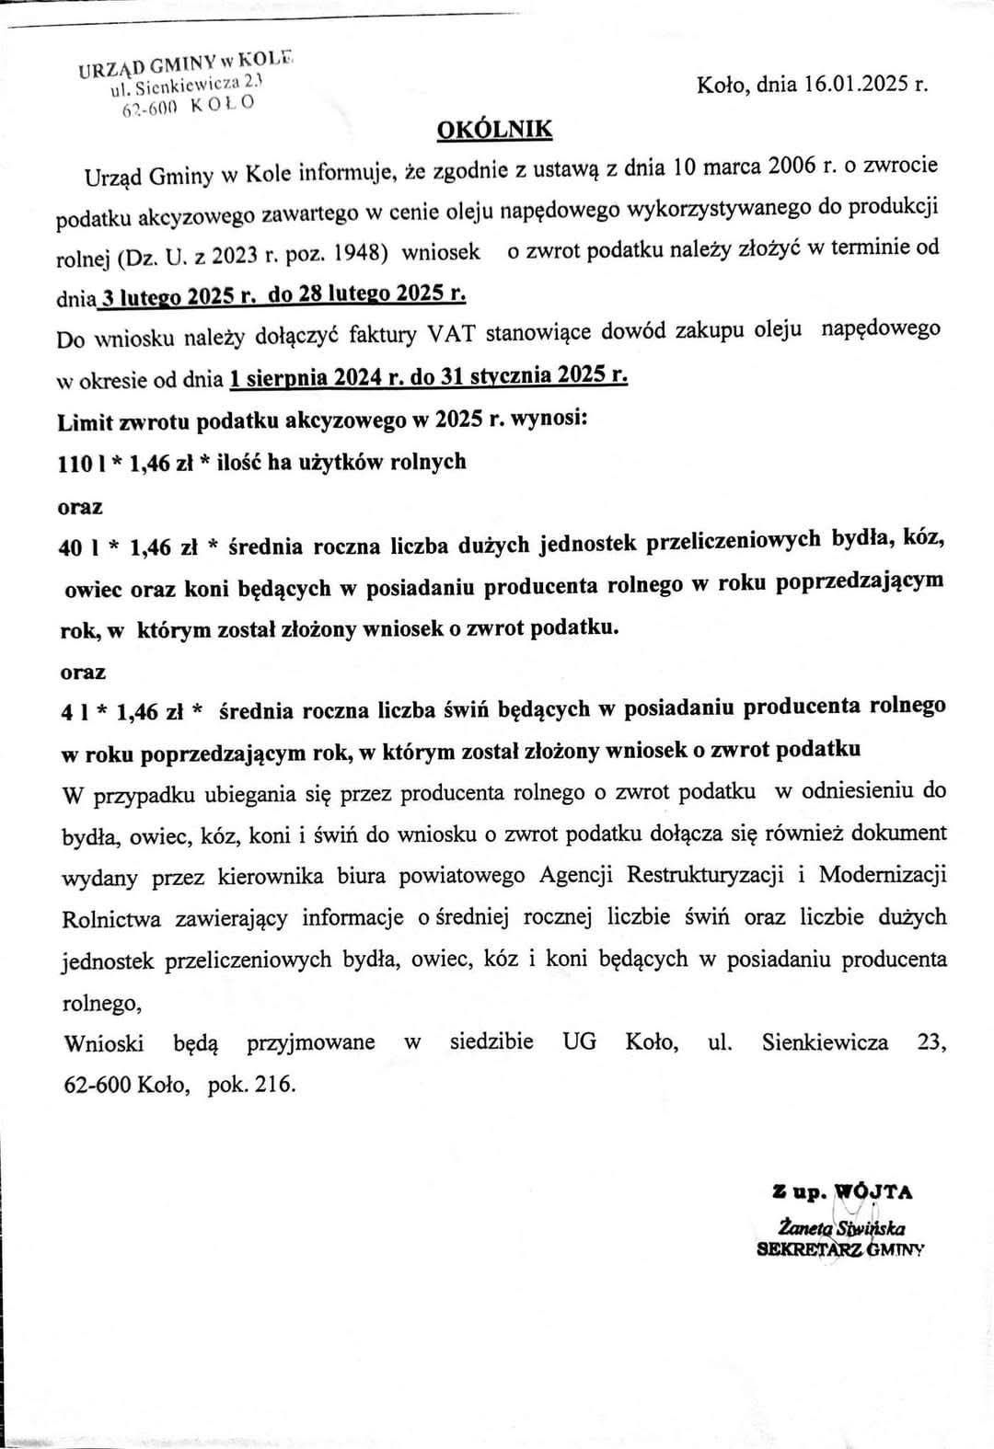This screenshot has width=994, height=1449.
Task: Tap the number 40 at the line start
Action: click(x=70, y=547)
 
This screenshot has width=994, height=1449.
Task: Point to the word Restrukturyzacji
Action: click(x=703, y=875)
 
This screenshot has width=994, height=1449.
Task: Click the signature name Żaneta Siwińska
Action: click(x=841, y=1227)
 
